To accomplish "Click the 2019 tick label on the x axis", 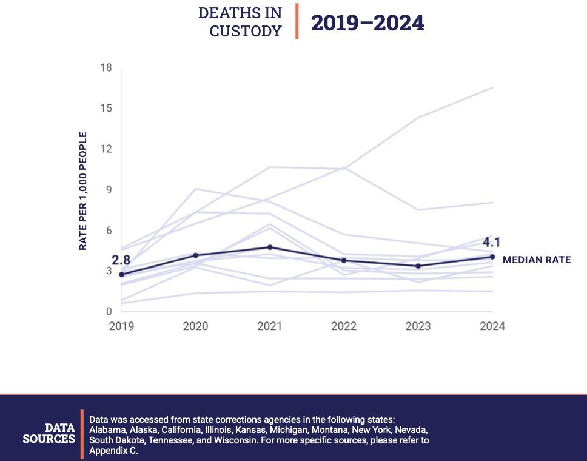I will pos(121,326).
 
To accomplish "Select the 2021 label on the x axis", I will pos(269,326).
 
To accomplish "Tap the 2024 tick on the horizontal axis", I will pos(492,326).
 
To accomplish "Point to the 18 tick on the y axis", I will pos(106,67).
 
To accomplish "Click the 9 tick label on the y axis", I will pos(109,190).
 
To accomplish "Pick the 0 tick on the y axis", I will pos(109,312).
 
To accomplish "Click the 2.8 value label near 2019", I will pos(121,260).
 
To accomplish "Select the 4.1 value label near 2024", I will pos(492,243).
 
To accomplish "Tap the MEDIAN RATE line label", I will pos(537,260).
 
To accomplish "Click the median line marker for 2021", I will pos(269,247).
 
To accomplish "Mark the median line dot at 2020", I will pos(195,255).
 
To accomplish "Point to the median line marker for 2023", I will pos(418,266).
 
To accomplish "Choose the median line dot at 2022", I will pos(344,261).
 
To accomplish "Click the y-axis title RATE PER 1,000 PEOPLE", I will pos(83,191).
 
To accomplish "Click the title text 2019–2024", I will pos(367,23).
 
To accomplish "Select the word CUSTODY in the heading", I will pos(246,31).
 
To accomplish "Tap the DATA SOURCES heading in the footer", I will pos(49,433).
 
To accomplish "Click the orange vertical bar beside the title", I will pos(297,21).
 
